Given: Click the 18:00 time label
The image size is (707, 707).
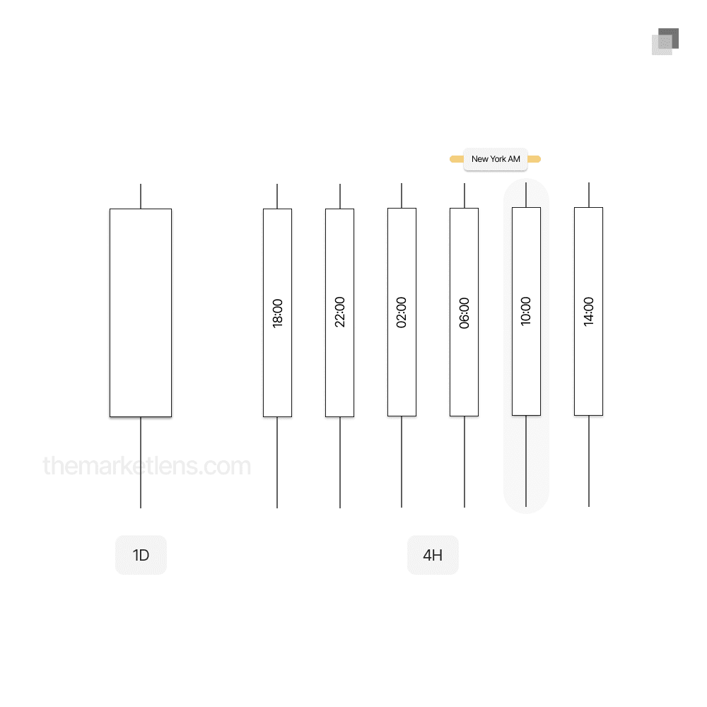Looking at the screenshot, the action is click(x=277, y=313).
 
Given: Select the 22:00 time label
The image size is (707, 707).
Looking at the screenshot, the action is click(x=339, y=312).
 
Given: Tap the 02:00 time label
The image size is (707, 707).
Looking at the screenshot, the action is click(x=402, y=312).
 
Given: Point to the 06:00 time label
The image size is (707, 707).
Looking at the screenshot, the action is click(x=464, y=313).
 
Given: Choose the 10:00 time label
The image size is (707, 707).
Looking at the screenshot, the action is click(x=526, y=311).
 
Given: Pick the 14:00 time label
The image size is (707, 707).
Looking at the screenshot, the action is click(x=588, y=312).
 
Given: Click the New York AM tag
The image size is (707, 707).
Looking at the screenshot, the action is click(x=496, y=159).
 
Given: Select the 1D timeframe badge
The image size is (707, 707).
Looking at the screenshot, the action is click(x=141, y=555).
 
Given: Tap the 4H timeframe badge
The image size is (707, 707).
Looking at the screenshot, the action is click(x=433, y=555).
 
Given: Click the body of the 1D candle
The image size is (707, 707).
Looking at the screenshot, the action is click(x=141, y=313).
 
